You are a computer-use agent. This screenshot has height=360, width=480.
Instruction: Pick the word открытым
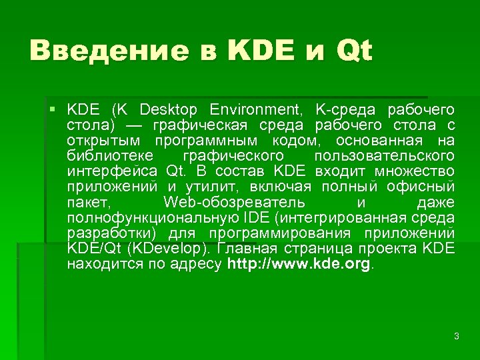tap(103, 140)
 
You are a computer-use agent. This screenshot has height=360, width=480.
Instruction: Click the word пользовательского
tap(383, 156)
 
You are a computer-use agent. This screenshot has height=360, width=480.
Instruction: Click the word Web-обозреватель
tap(234, 202)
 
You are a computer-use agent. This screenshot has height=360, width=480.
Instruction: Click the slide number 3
tap(456, 337)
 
